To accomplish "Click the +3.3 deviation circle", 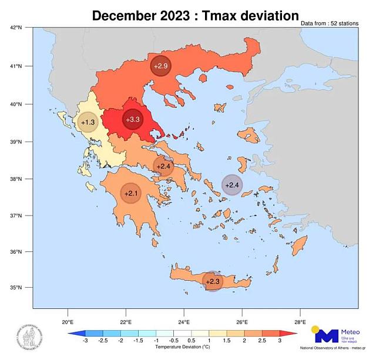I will [x=133, y=119].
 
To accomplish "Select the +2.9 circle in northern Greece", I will [x=161, y=66].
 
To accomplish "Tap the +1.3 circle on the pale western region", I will [x=88, y=122].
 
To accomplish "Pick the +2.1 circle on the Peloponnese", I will [x=131, y=193].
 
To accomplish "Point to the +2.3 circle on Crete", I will [x=213, y=281].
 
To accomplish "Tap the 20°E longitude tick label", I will [x=67, y=322].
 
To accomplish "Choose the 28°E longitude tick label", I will [x=300, y=322].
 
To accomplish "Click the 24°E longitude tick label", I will [x=184, y=322].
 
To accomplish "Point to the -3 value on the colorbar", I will [x=85, y=341].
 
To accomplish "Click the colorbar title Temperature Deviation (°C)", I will [x=183, y=348].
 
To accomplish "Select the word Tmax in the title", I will [x=217, y=16].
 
